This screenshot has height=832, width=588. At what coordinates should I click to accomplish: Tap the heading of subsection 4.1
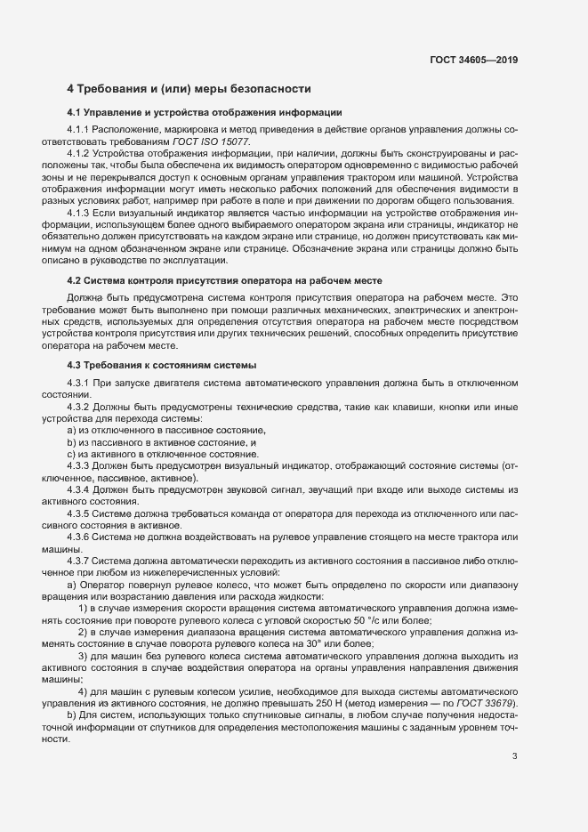click(x=204, y=113)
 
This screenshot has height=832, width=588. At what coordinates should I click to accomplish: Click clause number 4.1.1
click(x=82, y=131)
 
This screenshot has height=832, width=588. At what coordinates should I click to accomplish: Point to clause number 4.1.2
click(x=82, y=154)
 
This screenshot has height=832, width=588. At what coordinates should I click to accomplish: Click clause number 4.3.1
click(x=82, y=384)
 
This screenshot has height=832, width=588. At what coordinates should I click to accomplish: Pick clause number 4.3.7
click(x=82, y=561)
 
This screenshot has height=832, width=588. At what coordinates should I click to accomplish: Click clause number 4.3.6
click(x=82, y=537)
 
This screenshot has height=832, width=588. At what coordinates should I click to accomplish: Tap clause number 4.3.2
click(x=82, y=407)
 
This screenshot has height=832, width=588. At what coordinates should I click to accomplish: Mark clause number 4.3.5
click(x=82, y=513)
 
